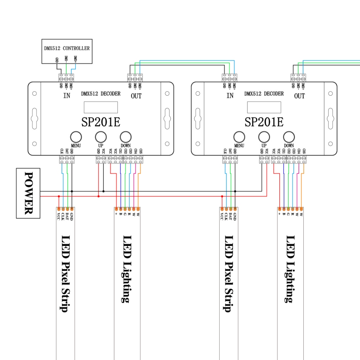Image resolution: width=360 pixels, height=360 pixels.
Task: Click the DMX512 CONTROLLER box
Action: tap(67, 51)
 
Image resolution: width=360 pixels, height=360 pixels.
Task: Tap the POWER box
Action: tap(28, 193)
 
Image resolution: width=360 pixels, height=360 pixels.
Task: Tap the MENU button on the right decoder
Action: tap(239, 137)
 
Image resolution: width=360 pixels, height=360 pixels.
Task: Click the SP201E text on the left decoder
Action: tap(101, 122)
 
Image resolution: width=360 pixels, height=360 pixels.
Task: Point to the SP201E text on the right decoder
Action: tap(264, 122)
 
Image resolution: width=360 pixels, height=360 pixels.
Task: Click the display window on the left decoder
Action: tap(101, 107)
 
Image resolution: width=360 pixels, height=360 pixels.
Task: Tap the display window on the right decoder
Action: tap(264, 107)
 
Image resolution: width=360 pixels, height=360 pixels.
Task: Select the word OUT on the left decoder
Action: tap(136, 96)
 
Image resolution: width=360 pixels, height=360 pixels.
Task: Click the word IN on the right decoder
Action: tap(230, 96)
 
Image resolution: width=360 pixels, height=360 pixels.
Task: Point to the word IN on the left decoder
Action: tap(67, 96)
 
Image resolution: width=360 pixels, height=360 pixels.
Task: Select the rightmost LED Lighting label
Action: tap(290, 269)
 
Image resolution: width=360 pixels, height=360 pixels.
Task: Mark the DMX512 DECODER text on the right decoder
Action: tap(264, 94)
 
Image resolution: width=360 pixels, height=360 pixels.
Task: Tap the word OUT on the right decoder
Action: tap(300, 96)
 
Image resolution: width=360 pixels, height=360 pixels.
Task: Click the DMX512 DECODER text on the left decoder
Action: tap(101, 94)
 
